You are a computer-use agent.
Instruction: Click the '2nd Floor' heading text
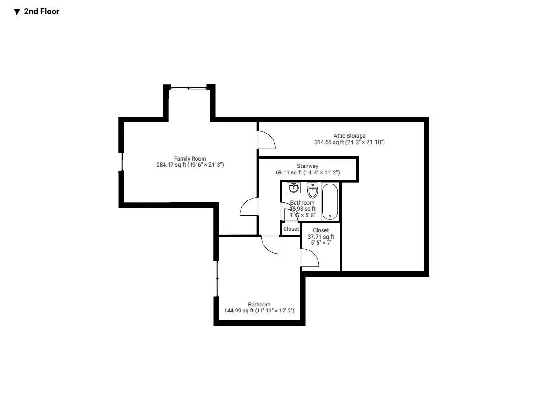[x=41, y=11]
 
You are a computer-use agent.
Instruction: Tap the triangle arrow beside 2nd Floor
[x=17, y=12]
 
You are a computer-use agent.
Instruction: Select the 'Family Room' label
[x=190, y=159]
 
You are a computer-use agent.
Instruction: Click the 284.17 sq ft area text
[x=190, y=165]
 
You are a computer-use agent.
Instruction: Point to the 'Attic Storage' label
[x=349, y=136]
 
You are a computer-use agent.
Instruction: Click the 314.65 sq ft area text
[x=349, y=142]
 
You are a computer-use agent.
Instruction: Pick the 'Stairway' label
[x=307, y=166]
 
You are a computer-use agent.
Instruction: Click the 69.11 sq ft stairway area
[x=307, y=172]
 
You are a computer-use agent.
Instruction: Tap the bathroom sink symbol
[x=294, y=188]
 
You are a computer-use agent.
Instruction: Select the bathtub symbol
[x=330, y=202]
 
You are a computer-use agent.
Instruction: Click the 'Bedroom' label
[x=259, y=305]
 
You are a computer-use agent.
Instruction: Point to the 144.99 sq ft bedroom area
[x=259, y=311]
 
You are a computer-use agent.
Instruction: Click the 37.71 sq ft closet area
[x=321, y=237]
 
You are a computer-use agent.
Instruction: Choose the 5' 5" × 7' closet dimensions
[x=321, y=243]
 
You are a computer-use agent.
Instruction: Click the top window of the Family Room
[x=189, y=89]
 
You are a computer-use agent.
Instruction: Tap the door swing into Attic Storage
[x=266, y=140]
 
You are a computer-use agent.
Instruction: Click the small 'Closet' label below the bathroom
[x=291, y=229]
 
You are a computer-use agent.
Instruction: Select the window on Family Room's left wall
[x=122, y=161]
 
